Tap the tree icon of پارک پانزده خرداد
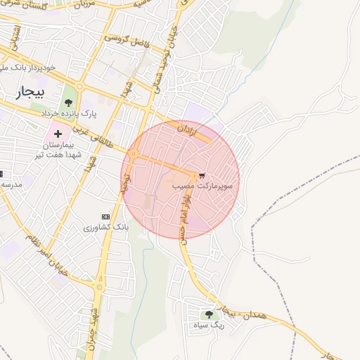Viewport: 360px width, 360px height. click(x=68, y=103)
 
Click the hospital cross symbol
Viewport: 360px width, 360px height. click(x=58, y=133)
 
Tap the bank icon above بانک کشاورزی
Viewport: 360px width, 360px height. click(x=106, y=217)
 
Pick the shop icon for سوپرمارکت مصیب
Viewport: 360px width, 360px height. click(x=203, y=174)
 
